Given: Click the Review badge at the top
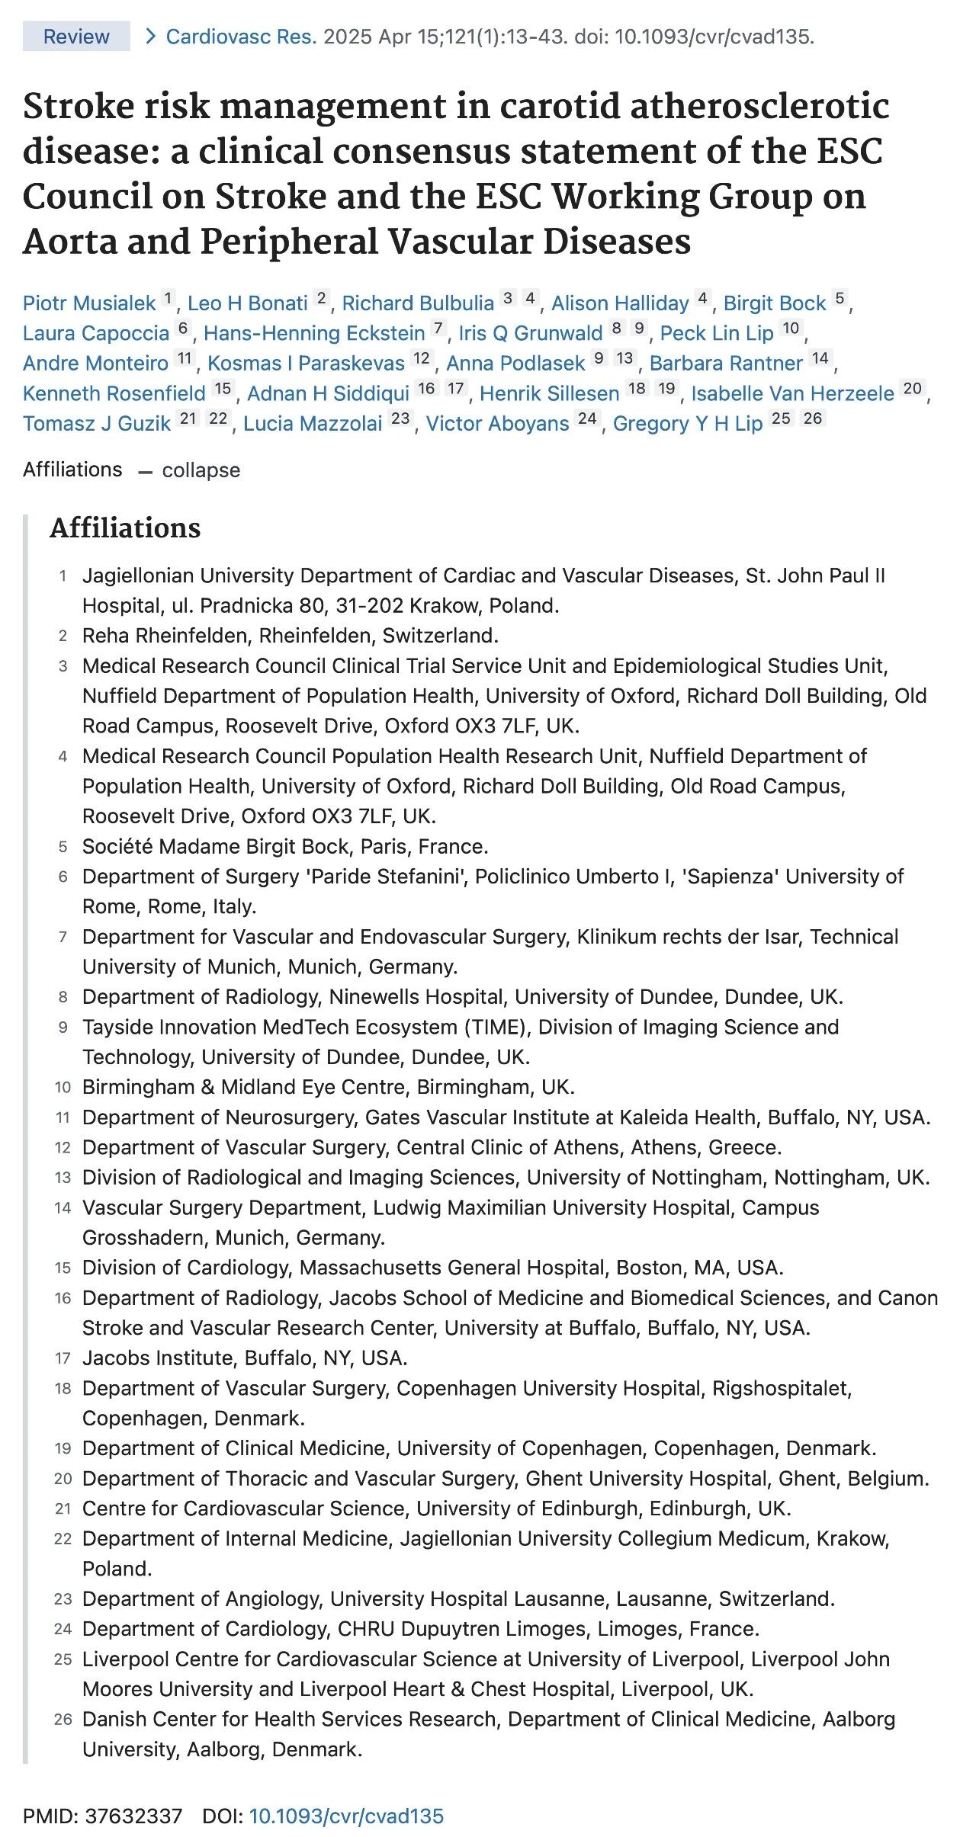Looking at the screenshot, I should click(x=76, y=37).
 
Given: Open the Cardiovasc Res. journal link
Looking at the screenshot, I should click(x=241, y=37).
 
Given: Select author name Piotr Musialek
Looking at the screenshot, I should click(x=89, y=303).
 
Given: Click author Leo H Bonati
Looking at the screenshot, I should click(x=247, y=303).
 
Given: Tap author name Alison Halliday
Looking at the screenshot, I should click(x=620, y=303).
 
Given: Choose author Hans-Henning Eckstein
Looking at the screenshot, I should click(x=314, y=333).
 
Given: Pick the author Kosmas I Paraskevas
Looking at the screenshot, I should click(x=306, y=363).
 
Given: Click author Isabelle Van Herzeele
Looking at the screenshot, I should click(x=792, y=393).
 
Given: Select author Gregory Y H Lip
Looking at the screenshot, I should click(x=688, y=424).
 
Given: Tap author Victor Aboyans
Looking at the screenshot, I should click(x=497, y=424).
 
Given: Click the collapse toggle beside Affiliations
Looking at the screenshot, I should click(x=200, y=470).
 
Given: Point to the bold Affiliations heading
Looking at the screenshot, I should click(x=125, y=527).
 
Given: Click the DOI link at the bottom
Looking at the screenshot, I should click(x=346, y=1816).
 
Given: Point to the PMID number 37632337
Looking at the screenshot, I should click(x=133, y=1816).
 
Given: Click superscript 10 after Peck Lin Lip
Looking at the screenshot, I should click(x=791, y=329).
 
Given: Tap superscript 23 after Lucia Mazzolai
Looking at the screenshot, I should click(x=400, y=418).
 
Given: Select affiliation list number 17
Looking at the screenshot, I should click(x=63, y=1358).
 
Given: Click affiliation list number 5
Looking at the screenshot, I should click(x=63, y=847).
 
